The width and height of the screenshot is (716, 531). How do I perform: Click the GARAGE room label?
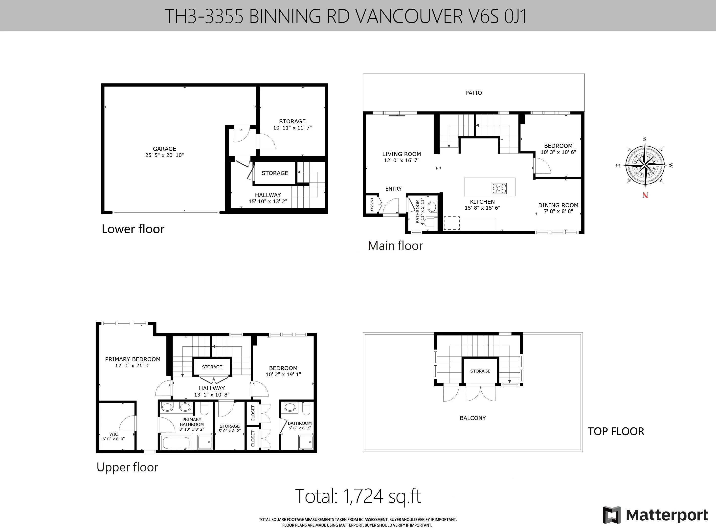click(164, 149)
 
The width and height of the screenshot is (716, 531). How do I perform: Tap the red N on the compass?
click(645, 195)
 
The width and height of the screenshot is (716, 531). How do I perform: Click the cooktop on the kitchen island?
click(499, 188)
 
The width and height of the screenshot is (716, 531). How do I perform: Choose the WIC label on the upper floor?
click(113, 434)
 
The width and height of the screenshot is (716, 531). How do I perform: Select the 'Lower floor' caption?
click(133, 229)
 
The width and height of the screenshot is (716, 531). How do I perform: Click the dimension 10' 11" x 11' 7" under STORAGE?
click(292, 128)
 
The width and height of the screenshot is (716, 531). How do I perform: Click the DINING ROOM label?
click(558, 205)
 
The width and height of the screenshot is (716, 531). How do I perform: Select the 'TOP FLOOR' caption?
click(616, 431)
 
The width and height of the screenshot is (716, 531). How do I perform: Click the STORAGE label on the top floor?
click(480, 371)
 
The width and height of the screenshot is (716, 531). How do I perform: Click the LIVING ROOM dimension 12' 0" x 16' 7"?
click(402, 160)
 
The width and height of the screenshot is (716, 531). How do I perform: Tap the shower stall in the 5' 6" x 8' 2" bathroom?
click(306, 442)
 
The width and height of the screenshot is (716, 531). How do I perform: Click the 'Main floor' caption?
click(395, 245)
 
